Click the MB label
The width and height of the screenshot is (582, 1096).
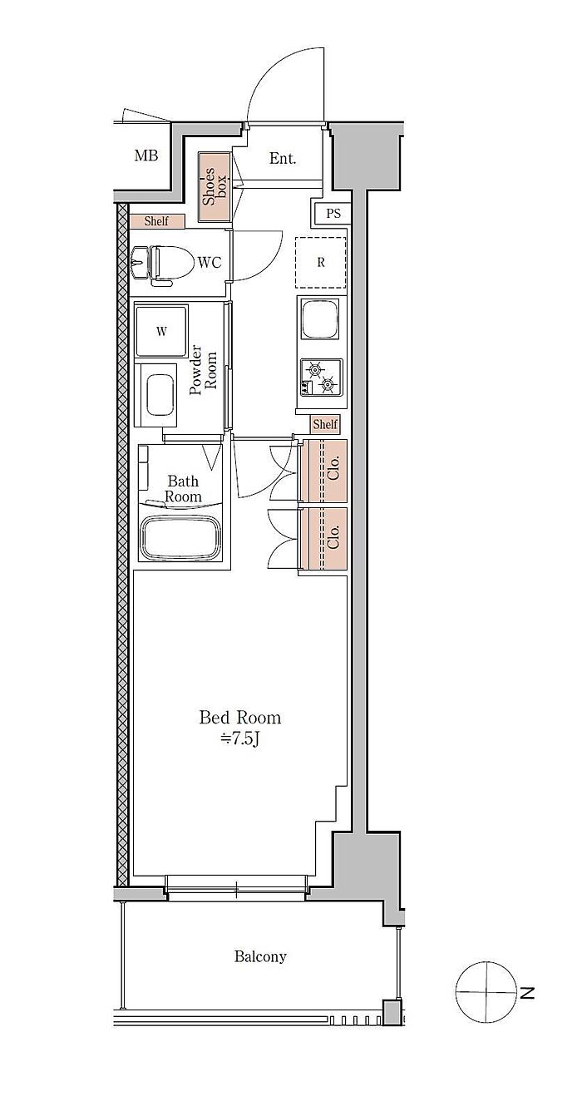146,156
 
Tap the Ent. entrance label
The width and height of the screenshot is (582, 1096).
283,158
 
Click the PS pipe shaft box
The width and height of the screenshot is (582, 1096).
333,214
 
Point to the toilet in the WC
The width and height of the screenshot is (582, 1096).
165,264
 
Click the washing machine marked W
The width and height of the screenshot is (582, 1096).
162,331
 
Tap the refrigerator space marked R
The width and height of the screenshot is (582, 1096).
321,263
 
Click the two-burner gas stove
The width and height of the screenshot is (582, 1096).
321,377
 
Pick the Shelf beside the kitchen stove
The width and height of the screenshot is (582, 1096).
325,424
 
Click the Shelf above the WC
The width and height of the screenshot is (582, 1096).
157,221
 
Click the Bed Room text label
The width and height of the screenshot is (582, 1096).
240,718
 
